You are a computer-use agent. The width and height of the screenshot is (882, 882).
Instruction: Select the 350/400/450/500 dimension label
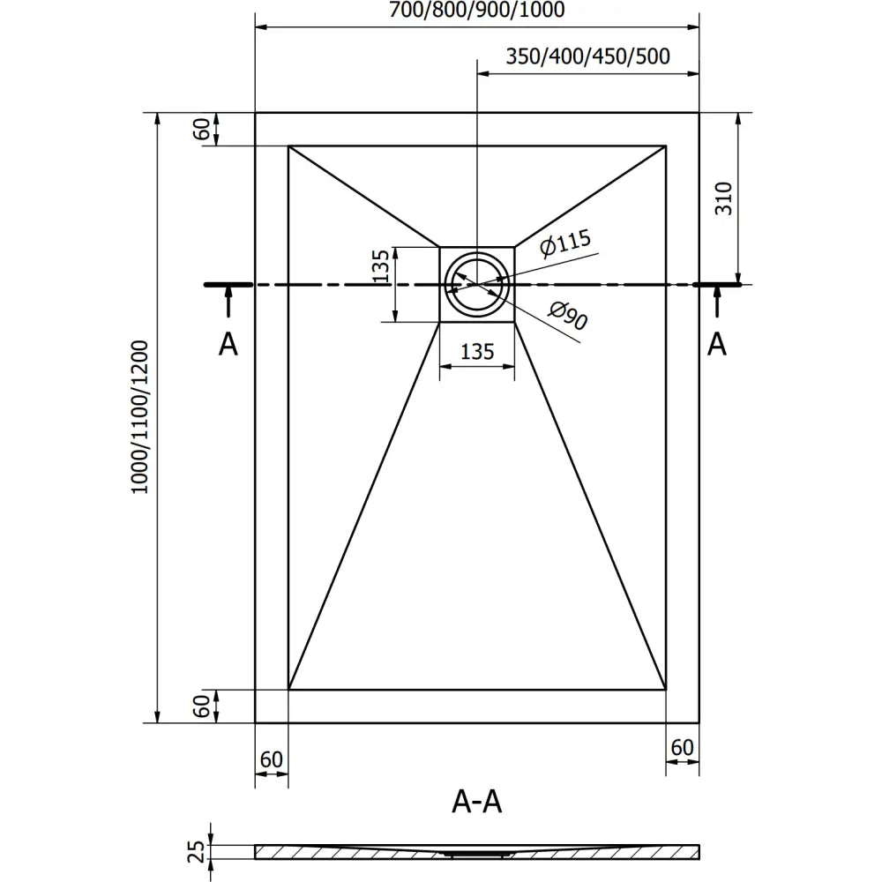(588, 56)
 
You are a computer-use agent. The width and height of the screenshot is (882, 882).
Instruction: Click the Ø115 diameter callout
(564, 244)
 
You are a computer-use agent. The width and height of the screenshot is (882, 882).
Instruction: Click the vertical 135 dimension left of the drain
(380, 266)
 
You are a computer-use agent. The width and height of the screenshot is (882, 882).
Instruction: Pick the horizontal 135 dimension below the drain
(476, 352)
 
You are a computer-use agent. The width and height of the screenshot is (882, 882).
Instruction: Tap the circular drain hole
(476, 284)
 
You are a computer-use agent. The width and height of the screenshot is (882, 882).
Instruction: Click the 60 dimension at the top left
(202, 129)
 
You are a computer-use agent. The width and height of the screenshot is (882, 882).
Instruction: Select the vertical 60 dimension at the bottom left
(202, 706)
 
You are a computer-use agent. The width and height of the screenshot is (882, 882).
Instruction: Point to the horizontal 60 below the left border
(271, 759)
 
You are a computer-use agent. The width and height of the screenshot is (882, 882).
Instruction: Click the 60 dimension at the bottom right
(682, 748)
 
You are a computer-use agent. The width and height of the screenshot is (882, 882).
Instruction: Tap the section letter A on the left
(228, 345)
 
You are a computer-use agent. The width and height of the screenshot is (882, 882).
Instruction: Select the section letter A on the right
(718, 344)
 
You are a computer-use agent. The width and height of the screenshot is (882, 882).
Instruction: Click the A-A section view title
(476, 802)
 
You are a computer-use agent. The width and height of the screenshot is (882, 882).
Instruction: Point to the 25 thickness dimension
(199, 851)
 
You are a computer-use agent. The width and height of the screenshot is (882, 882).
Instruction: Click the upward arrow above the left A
(228, 303)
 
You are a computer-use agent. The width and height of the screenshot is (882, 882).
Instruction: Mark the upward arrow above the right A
(717, 303)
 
